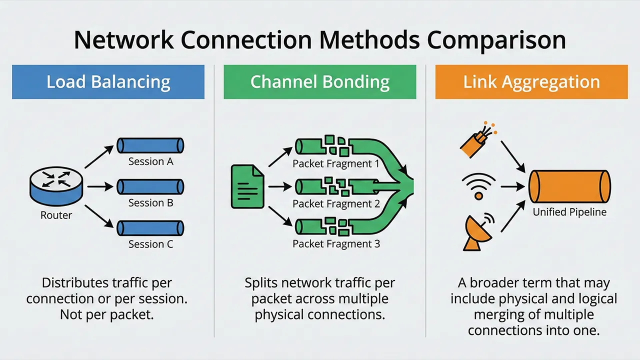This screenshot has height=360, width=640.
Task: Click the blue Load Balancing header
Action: tap(108, 82)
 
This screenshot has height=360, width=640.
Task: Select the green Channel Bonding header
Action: tap(320, 82)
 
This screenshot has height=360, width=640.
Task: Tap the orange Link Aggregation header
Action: tap(531, 82)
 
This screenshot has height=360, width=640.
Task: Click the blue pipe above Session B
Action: tap(150, 187)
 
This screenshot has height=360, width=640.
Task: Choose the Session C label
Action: tap(150, 244)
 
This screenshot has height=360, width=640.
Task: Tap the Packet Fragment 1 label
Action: tap(336, 163)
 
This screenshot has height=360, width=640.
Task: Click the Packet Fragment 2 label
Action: tap(336, 204)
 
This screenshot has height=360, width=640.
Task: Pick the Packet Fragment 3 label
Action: tap(336, 244)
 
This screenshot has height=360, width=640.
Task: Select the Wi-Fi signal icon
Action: tap(478, 186)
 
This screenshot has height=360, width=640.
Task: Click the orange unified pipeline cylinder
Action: tap(569, 186)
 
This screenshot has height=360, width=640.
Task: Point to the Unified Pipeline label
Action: tap(569, 212)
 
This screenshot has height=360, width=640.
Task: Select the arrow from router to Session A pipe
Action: tap(98, 156)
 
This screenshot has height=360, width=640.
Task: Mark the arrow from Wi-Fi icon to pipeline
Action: tap(510, 186)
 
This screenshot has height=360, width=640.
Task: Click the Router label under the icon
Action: tap(56, 215)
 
